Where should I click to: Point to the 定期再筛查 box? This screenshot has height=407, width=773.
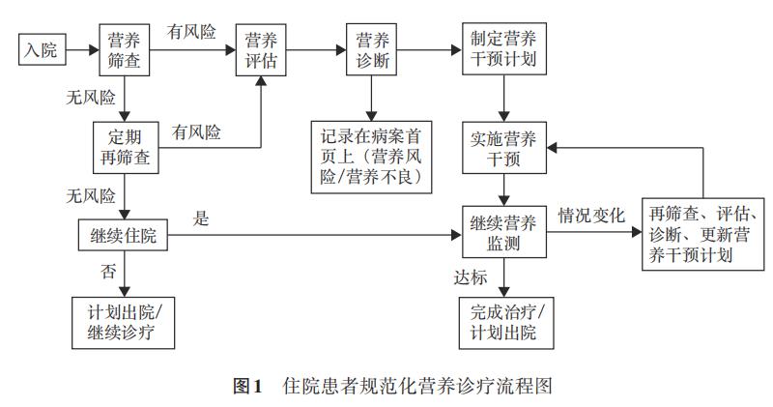126,147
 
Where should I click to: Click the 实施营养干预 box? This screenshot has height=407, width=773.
502,147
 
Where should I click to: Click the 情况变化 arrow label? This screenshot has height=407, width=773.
591,214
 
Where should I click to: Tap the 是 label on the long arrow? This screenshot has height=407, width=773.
201,219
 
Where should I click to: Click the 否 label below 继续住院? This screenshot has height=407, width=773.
108,271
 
